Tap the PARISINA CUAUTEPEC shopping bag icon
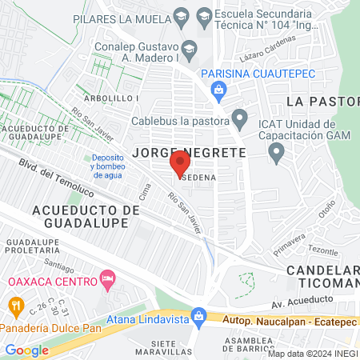[218, 90]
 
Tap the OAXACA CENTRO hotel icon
[107, 280]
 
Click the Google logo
[26, 350]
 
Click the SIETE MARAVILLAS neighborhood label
[174, 347]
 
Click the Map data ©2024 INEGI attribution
[312, 354]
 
